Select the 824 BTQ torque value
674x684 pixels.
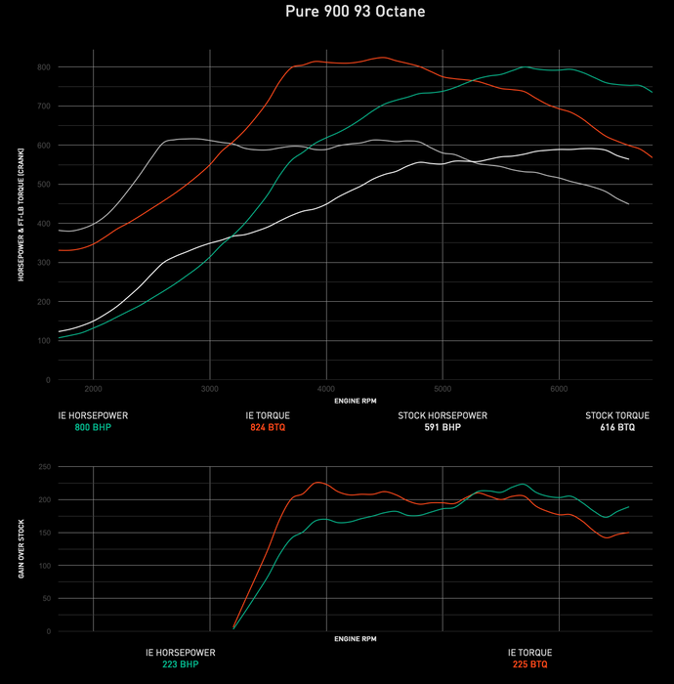coord(268,427)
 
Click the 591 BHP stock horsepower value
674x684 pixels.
coord(442,427)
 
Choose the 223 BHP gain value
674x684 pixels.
coord(180,664)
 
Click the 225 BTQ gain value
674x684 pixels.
coord(529,664)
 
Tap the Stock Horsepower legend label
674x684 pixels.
coord(442,415)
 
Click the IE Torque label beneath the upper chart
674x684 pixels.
coord(268,415)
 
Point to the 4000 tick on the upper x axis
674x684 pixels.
coord(326,388)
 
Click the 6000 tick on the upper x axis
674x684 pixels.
coord(559,388)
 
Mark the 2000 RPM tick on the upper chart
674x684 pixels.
coord(93,388)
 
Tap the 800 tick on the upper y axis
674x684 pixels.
coord(44,66)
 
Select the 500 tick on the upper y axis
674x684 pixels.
coord(44,184)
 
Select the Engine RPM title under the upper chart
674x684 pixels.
coord(356,401)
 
